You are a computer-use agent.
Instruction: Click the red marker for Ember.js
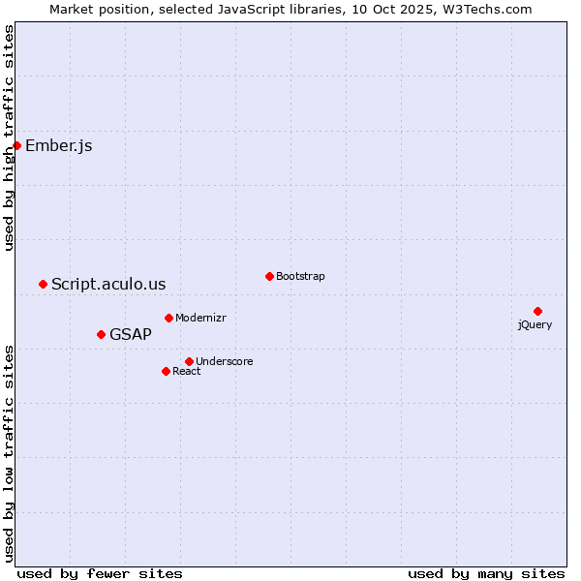(16, 145)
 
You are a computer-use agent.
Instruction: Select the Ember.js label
(59, 146)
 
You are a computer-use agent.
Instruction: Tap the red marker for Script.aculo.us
(43, 284)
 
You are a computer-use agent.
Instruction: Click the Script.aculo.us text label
(108, 285)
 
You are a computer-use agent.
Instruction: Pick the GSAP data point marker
(101, 334)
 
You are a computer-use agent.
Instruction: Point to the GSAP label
(131, 335)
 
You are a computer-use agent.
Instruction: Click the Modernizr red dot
(168, 318)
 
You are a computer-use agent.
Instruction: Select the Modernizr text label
(200, 319)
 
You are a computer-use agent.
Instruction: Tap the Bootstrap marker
(269, 276)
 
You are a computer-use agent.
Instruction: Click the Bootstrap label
(300, 277)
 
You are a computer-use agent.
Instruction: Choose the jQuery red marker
(537, 311)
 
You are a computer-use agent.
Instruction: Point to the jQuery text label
(535, 325)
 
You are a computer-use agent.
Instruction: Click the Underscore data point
(189, 361)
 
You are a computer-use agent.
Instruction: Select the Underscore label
(225, 362)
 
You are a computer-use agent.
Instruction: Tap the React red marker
(166, 371)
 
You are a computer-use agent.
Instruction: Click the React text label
(187, 372)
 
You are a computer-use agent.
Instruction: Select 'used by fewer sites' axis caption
(100, 574)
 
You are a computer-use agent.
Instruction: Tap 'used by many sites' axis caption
(486, 574)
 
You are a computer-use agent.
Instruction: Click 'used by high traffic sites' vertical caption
(10, 138)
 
